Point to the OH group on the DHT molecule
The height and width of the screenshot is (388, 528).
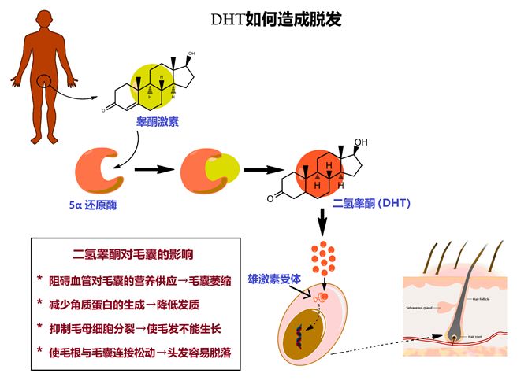tap(361, 142)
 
